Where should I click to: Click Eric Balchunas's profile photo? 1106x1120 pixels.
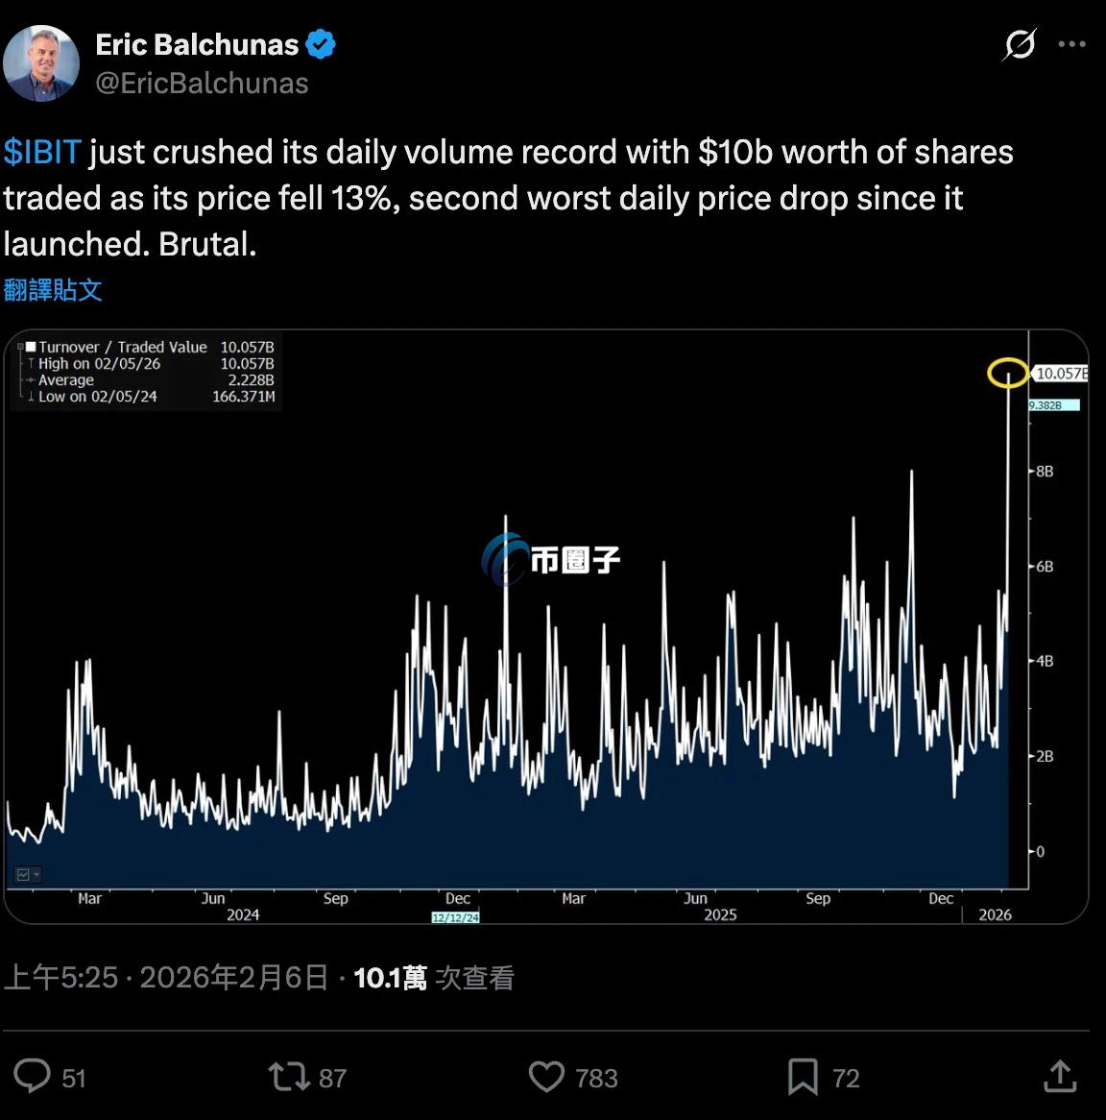[40, 63]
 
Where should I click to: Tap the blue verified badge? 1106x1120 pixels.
[321, 44]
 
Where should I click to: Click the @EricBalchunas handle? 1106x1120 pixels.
[202, 84]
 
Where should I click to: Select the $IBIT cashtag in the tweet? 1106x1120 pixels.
[42, 152]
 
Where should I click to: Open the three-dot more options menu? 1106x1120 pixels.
[1071, 44]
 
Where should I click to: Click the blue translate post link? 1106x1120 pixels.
[53, 290]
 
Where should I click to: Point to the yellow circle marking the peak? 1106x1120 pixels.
[1008, 373]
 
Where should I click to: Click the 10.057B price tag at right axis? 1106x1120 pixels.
[1060, 373]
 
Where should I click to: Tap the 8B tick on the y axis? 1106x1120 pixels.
[1045, 471]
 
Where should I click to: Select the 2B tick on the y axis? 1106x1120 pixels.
[1045, 756]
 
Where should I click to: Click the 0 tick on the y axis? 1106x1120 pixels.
[1040, 851]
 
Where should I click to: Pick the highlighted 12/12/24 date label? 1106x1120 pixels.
[455, 917]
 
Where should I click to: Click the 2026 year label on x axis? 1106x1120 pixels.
[995, 914]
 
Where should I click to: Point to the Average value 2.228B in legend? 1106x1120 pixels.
[251, 379]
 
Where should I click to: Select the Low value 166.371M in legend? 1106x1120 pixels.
[243, 396]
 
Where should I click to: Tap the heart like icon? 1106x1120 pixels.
[546, 1077]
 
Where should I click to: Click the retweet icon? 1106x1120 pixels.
[287, 1077]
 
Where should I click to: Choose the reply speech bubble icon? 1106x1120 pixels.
[33, 1076]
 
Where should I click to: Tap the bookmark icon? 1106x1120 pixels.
[803, 1077]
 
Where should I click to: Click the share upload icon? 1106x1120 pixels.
[1060, 1076]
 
